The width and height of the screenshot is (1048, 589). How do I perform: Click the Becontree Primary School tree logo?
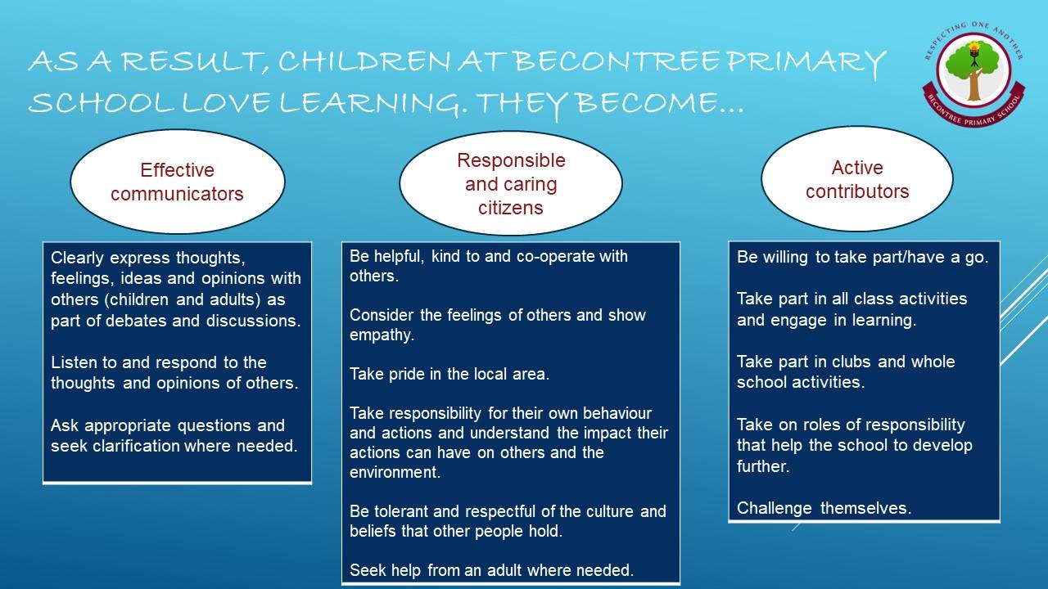coord(974,74)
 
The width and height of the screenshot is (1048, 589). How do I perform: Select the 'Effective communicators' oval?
coord(178,182)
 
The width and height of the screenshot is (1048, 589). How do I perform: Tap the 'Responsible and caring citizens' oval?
coord(510,183)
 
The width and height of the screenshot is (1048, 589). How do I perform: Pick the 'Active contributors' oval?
coord(857,179)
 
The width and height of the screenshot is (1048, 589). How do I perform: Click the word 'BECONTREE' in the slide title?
coord(617,61)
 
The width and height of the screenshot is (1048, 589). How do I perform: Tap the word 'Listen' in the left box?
coord(74,362)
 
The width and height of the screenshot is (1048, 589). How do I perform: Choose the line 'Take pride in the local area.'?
coord(449,374)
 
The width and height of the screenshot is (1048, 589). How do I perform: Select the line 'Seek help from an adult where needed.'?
coord(492,570)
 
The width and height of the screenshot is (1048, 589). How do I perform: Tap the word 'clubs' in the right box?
coord(851,362)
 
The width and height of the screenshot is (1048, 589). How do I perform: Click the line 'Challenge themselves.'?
coord(824,508)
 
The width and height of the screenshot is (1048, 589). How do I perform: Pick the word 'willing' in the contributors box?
coord(784,258)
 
